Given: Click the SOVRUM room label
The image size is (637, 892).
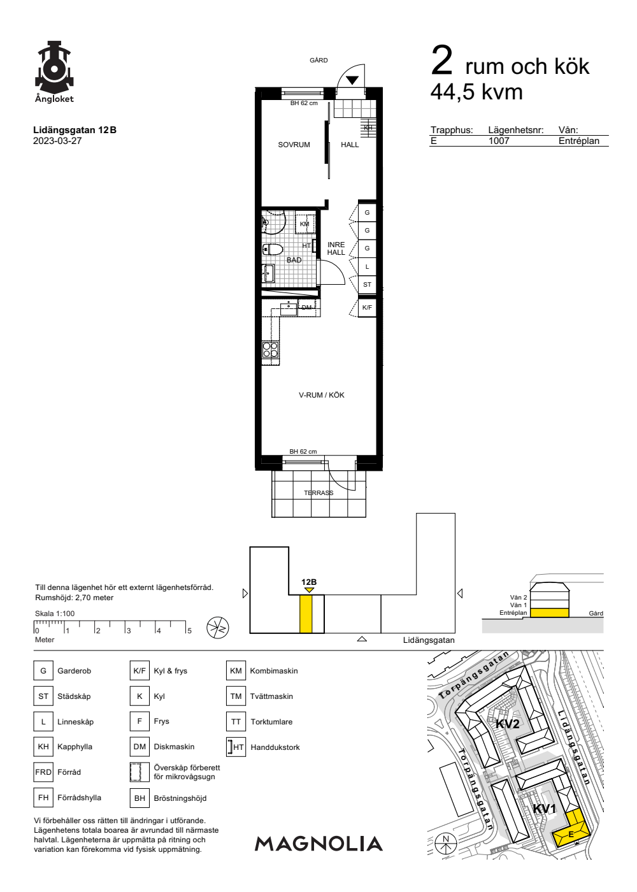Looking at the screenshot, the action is point(294,145).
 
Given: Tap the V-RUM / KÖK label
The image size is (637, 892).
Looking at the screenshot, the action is point(321,395).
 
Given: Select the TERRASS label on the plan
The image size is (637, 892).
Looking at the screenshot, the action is point(318,493).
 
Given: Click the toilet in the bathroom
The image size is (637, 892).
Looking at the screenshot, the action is point(273,250).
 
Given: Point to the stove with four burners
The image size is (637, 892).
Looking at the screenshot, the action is point(270,350).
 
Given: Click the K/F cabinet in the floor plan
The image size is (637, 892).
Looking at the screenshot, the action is point(367,307).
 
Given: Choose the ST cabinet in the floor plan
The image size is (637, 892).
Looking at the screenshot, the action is point(367,285).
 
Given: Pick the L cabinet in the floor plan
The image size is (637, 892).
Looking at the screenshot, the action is point(367,267).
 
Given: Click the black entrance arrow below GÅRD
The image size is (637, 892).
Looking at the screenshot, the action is point(352,80).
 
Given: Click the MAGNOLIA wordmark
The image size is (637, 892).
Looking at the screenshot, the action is point(318,844).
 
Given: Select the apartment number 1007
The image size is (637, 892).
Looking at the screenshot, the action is point(499,141).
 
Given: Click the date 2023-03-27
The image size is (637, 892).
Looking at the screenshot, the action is point(57,141).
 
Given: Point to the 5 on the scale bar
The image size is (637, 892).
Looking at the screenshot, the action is point(190,631).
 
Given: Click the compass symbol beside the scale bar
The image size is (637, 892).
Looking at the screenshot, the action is point(218,628).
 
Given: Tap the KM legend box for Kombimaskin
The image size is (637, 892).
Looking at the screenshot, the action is point(236,671).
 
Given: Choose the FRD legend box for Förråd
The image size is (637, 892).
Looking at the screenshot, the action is point(43,772).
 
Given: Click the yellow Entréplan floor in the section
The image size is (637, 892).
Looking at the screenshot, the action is point(549,613).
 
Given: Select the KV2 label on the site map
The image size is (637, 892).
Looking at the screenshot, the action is point(507,724).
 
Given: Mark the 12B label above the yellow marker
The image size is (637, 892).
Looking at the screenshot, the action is point(309,582).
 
